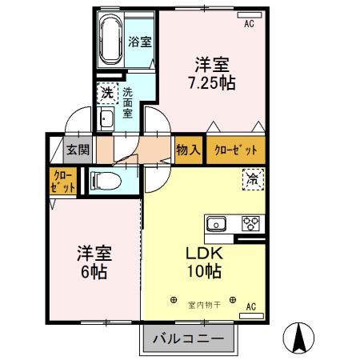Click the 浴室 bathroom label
140,42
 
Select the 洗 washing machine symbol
106,94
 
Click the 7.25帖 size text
211,82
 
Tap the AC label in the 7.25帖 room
249,25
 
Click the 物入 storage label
188,150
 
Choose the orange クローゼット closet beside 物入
236,150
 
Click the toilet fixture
105,179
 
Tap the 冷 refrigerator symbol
252,179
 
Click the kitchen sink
217,223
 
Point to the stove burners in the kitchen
251,223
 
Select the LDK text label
204,253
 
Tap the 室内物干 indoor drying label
202,303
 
